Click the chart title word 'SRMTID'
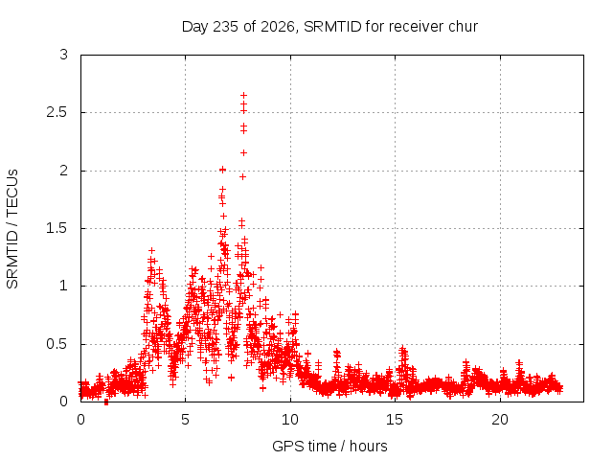tap(332, 27)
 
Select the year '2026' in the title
tap(277, 27)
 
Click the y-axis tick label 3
tap(64, 55)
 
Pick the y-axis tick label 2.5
tap(57, 113)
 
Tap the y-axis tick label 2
tap(64, 171)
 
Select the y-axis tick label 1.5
tap(57, 228)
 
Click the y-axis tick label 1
tap(64, 286)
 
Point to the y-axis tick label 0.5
tap(57, 344)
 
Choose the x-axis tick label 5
tap(185, 420)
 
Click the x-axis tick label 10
tap(290, 420)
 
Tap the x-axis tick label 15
tap(395, 420)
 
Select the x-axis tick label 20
tap(500, 420)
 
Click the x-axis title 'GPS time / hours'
tap(329, 446)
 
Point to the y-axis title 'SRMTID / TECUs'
tap(12, 229)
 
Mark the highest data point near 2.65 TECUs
tap(243, 95)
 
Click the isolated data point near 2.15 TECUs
tap(243, 152)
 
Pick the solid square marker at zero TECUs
tap(106, 402)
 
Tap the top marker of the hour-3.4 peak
tap(151, 250)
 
